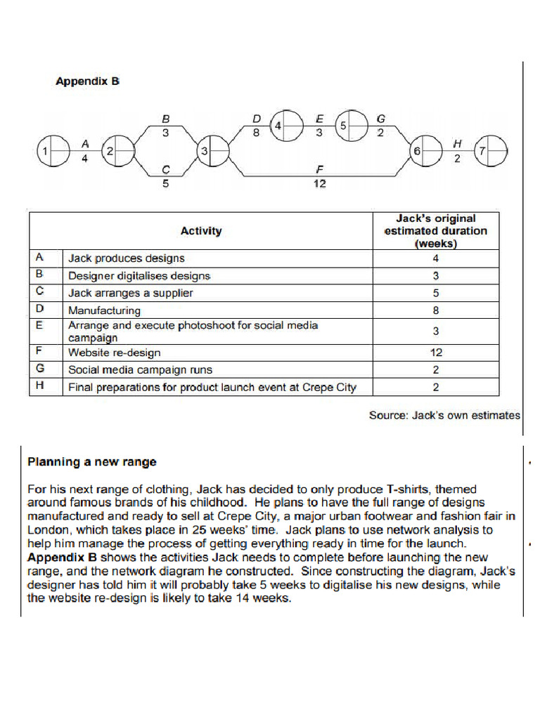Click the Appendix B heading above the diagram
point(87,81)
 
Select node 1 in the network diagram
point(51,151)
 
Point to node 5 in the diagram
point(349,126)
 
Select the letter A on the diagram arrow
point(85,143)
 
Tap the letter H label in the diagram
point(457,143)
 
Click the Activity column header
point(200,230)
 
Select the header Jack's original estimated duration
point(435,230)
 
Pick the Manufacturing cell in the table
point(104,310)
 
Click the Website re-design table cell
point(114,352)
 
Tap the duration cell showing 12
point(435,352)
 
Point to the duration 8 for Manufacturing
point(435,310)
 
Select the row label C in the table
point(39,292)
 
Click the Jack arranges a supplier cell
point(130,293)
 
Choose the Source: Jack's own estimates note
point(444,415)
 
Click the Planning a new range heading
point(91,462)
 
